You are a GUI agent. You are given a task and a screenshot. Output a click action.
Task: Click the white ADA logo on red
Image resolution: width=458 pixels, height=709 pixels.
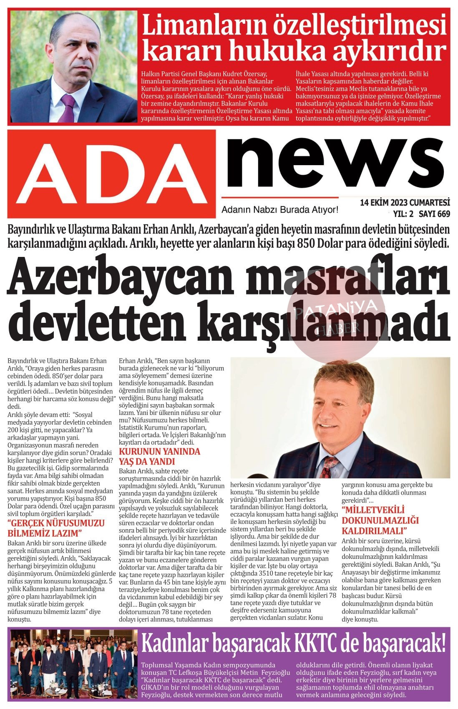point(112,173)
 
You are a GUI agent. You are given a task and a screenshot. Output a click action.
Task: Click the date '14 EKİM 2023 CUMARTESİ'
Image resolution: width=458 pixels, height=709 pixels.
point(405,203)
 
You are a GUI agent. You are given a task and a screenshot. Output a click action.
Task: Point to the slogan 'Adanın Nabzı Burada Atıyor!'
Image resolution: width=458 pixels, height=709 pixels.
point(279,210)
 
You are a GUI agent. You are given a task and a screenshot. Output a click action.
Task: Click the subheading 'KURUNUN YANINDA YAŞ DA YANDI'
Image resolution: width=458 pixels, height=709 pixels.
point(159,456)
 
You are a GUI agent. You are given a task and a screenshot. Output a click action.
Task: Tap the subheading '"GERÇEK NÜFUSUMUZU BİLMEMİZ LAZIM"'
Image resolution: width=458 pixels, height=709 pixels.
point(56,528)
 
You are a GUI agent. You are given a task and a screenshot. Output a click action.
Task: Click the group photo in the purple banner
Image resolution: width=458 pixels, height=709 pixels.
point(71,665)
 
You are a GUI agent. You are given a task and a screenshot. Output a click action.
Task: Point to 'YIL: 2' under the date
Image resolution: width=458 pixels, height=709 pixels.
point(403,214)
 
